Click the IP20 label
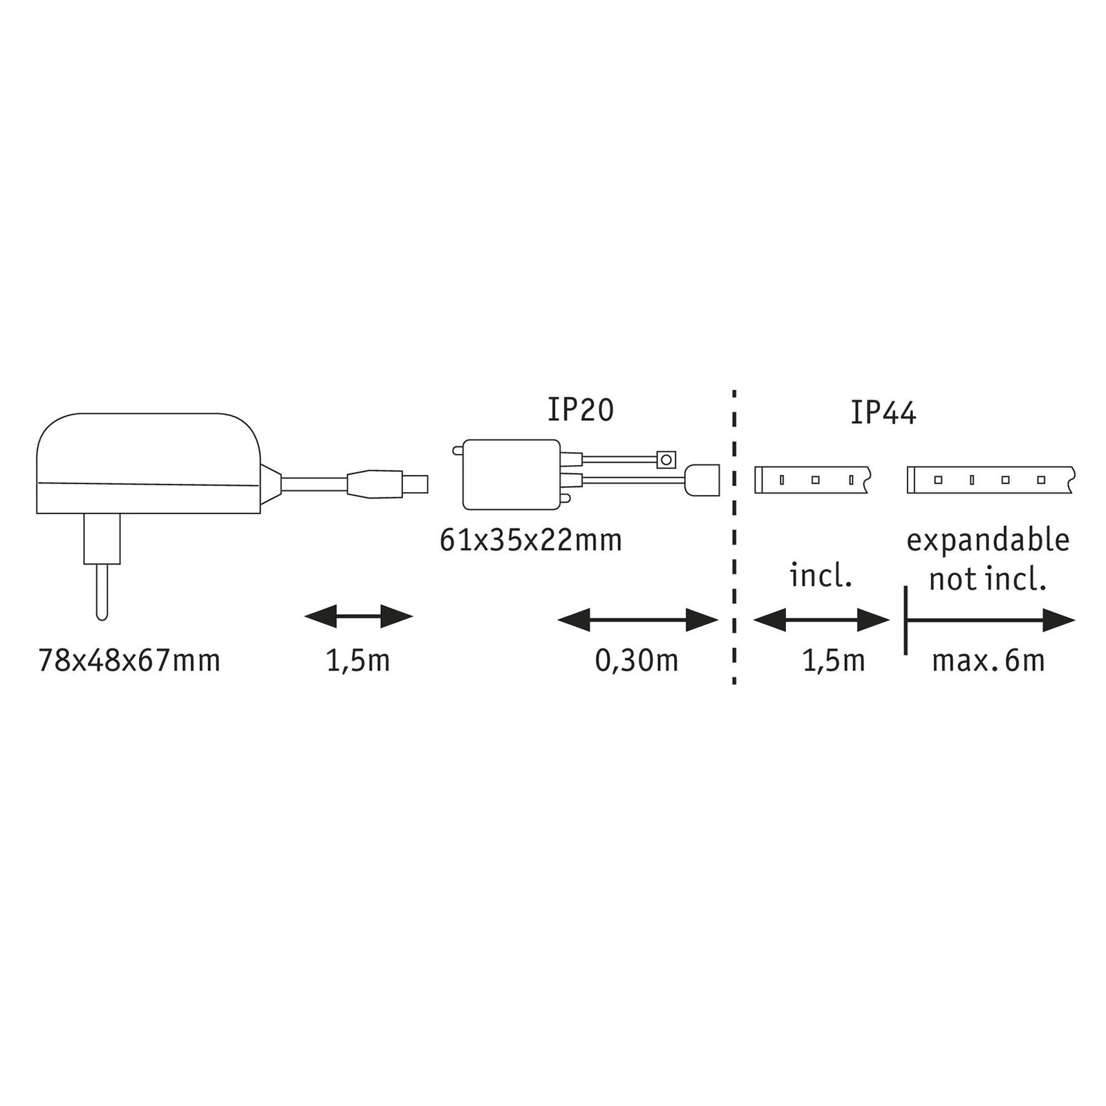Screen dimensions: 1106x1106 (581, 410)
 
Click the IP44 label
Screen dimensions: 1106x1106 (883, 413)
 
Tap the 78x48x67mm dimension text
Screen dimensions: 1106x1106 (129, 661)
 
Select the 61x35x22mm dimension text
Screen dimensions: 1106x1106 (531, 540)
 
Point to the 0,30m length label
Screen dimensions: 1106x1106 (637, 661)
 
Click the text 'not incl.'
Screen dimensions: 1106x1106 (987, 579)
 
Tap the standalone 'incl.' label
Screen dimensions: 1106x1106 (821, 576)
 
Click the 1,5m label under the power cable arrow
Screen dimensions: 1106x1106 (358, 661)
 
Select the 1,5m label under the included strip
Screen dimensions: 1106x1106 (834, 661)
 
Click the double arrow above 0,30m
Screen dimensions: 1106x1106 (638, 620)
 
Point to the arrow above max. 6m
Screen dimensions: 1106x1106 (990, 620)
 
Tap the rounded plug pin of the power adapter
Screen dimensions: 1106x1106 (102, 592)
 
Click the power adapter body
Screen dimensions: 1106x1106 (149, 463)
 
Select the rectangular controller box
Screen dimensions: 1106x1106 (511, 475)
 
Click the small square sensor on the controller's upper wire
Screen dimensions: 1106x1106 (666, 458)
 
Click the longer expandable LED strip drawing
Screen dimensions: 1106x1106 (991, 480)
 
